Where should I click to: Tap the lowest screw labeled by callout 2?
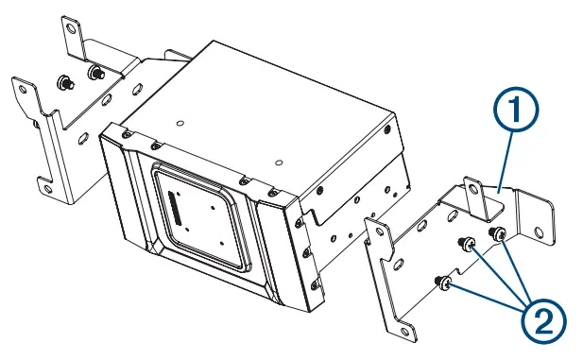(x=439, y=281)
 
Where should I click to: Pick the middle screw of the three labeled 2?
(x=467, y=246)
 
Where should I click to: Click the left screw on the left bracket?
(x=63, y=81)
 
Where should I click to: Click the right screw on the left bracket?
(x=94, y=72)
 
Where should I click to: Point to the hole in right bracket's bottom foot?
(x=405, y=326)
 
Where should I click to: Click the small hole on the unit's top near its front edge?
(x=179, y=121)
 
